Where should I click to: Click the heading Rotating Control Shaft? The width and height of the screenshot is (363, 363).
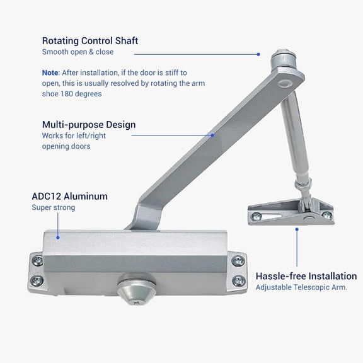(90, 41)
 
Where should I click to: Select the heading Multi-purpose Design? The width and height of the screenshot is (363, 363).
(89, 125)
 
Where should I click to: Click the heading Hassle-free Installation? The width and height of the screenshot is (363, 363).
(306, 276)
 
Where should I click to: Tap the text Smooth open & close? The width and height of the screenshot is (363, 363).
(78, 52)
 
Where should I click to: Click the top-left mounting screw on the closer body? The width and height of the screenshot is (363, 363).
(37, 260)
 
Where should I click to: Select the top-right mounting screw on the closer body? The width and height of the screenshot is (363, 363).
(238, 260)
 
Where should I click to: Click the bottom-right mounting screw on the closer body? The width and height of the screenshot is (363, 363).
(238, 281)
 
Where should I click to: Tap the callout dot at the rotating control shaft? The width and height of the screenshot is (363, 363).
(258, 54)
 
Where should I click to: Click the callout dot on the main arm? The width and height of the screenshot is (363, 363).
(212, 134)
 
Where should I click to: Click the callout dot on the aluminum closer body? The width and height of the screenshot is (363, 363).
(57, 238)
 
